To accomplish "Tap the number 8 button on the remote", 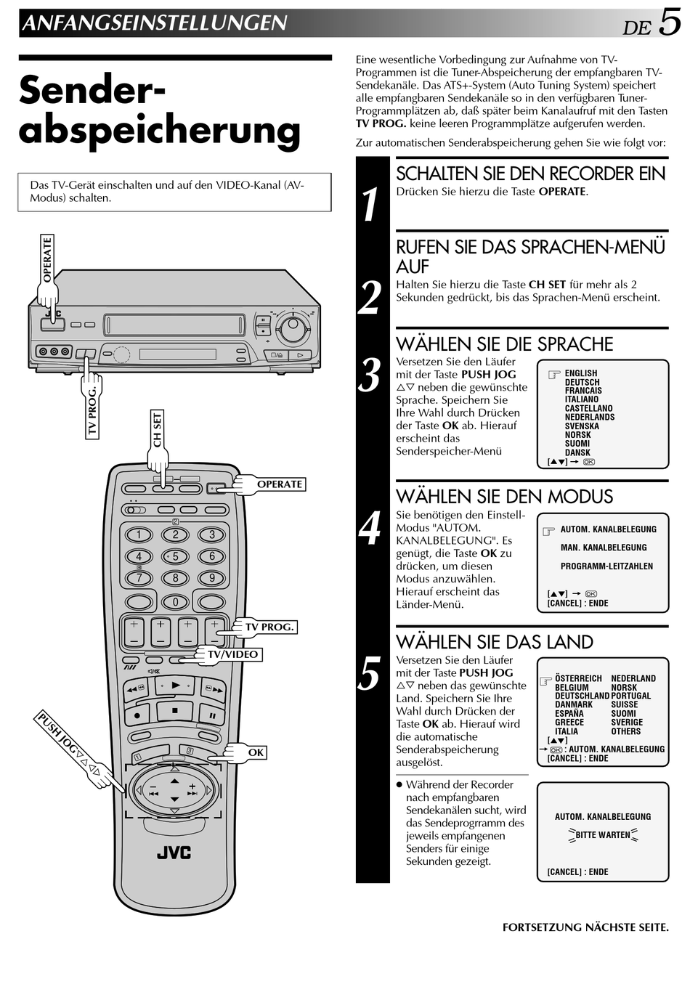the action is (175, 577).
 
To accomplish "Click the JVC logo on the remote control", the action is (174, 853).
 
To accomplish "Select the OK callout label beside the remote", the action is (256, 752).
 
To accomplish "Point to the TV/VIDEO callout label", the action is (233, 654).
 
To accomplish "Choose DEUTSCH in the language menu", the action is (582, 382).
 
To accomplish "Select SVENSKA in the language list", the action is (582, 426).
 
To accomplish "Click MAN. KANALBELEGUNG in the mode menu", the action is (604, 548).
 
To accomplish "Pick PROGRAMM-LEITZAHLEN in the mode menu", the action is (606, 566).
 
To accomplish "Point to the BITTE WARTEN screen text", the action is (603, 835).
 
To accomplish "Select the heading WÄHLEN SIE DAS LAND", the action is (495, 642).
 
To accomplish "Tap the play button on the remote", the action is (174, 686).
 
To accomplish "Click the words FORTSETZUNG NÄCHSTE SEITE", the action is (585, 927).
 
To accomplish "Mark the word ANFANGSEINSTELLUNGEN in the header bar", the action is (155, 23).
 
